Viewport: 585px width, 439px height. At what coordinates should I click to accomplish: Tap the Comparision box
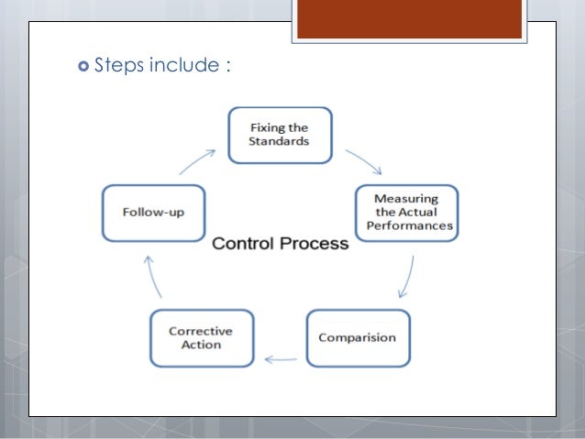[358, 338]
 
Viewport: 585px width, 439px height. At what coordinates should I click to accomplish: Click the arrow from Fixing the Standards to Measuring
[362, 159]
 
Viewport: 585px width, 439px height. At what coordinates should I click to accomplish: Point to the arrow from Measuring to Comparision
[406, 277]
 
